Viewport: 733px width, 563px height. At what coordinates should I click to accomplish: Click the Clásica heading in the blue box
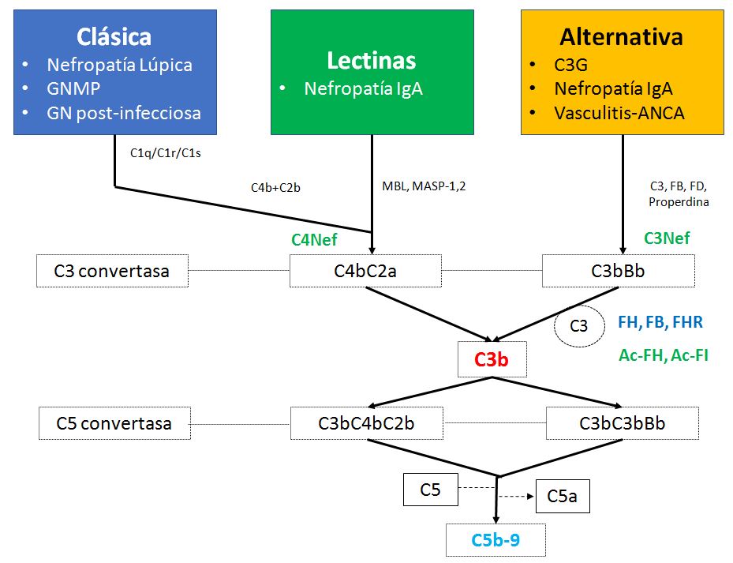click(x=115, y=36)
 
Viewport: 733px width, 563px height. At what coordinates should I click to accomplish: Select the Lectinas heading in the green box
click(x=372, y=60)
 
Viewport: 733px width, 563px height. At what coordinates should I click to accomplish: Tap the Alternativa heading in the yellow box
click(x=622, y=36)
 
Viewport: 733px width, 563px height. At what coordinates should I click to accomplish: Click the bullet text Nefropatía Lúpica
click(x=119, y=65)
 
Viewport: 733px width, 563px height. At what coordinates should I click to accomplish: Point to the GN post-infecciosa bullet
click(x=124, y=112)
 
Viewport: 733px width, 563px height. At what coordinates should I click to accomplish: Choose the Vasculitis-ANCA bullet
click(x=619, y=112)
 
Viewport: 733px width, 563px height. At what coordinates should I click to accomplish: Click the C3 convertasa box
click(x=111, y=271)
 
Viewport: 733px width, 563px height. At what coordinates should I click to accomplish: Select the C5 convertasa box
click(x=114, y=423)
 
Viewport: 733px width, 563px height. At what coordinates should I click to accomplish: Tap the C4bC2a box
click(x=365, y=271)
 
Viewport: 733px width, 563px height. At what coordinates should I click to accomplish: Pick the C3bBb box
click(x=618, y=271)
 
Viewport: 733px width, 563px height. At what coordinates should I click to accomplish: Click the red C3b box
click(x=492, y=359)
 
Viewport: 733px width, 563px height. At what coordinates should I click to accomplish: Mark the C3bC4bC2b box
click(x=366, y=423)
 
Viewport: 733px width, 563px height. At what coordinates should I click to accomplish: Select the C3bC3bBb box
click(x=622, y=423)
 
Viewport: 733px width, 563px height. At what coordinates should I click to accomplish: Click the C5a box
click(x=563, y=497)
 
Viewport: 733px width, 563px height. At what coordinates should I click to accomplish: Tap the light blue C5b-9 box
click(x=496, y=540)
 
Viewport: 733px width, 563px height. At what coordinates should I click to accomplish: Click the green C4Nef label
click(x=314, y=239)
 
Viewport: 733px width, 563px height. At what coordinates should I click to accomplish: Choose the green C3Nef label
click(x=667, y=238)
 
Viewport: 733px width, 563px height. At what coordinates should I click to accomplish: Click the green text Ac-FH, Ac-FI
click(x=664, y=355)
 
